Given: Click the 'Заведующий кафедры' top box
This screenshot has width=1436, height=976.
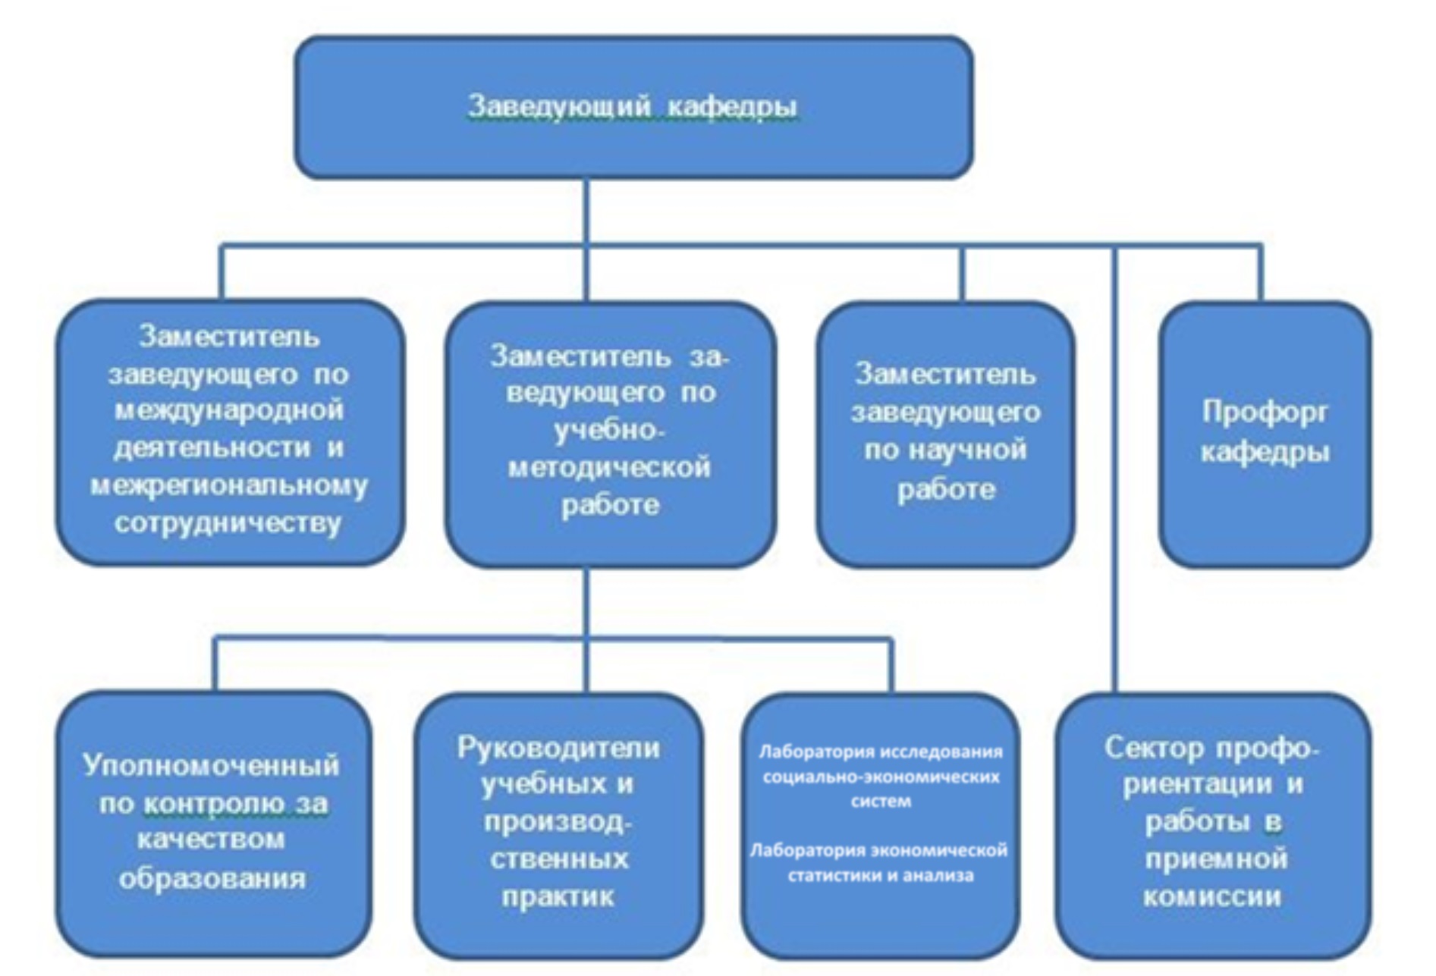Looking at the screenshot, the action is pos(633,108).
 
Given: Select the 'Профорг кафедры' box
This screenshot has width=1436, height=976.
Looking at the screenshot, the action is pos(1265,434).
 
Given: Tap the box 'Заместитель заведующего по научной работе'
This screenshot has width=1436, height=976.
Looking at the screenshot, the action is pos(945,434).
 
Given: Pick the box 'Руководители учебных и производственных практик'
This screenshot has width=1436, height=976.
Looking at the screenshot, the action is pos(558,825).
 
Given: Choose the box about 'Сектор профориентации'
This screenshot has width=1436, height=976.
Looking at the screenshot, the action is pos(1212,825).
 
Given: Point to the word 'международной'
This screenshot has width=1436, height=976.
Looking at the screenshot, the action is pos(229,410).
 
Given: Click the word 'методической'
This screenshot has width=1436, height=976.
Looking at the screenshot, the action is pos(609,467).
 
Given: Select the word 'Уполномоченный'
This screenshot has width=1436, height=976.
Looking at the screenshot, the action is pos(211,766).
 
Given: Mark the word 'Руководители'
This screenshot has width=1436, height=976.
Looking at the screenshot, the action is pos(558,748).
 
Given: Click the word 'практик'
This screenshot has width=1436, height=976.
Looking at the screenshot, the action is pos(558,898).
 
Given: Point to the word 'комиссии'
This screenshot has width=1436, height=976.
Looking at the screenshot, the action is pos(1211,897).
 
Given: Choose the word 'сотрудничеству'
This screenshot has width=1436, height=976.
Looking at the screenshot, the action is pos(228,523).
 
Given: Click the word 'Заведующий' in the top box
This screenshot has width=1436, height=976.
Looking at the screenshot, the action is pos(560,107).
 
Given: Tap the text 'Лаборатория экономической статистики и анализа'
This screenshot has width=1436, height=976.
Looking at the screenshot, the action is pos(878,863).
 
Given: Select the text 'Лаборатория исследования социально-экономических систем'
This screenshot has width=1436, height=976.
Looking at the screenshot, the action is pos(881,777).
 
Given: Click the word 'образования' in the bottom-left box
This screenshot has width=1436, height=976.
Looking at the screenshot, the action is pos(212,879).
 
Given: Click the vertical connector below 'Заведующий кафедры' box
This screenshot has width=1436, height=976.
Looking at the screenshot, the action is pos(586,240).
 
